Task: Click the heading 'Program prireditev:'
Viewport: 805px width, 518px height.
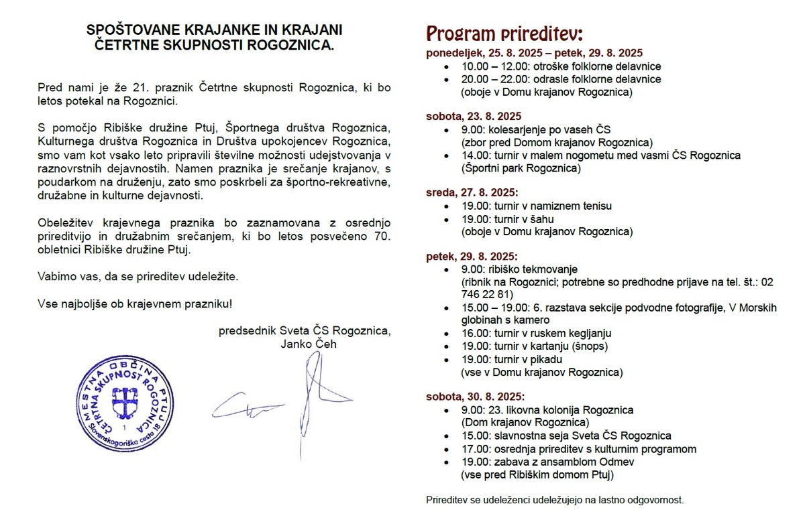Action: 505,34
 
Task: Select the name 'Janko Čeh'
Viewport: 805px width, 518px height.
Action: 309,344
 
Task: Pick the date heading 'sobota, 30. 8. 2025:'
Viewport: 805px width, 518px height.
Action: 474,396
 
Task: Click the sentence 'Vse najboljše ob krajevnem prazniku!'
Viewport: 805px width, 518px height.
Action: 136,304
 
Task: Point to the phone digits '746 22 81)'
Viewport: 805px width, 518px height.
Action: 488,295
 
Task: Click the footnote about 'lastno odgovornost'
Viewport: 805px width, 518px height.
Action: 555,500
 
